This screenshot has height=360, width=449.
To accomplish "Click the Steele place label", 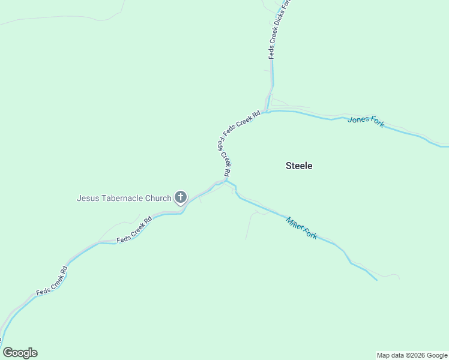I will point(299,166).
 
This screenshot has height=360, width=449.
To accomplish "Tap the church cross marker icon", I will point(181,197).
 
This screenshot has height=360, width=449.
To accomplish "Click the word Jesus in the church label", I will point(88,198).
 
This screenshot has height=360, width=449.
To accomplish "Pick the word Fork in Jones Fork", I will point(377,122).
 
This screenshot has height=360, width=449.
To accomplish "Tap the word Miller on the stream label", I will point(295,224).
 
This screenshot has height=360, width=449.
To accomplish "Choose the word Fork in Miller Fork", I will point(310,232).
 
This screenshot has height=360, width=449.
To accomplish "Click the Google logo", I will point(20,353).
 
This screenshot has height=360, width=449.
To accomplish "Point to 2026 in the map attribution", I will point(414,355).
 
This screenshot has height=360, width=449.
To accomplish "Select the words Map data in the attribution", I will point(390,355).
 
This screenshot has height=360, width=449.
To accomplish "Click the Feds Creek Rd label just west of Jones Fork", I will point(241,122).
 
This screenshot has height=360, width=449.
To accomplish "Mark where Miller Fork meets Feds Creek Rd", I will point(226,180).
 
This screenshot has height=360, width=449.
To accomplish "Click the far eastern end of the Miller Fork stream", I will point(376,280).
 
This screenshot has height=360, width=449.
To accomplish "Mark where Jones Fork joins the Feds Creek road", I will point(266,112).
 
